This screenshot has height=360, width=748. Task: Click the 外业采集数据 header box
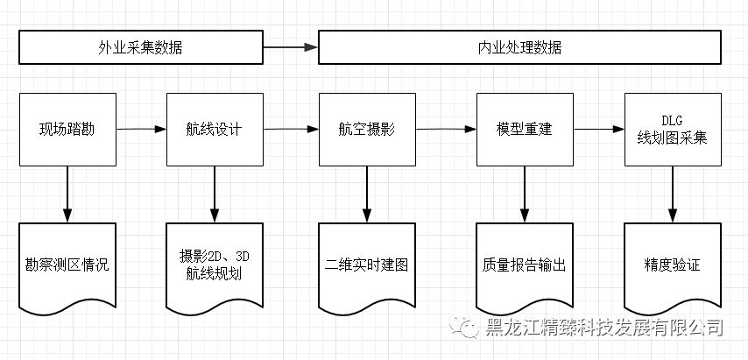(140, 47)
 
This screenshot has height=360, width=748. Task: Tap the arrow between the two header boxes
(290, 47)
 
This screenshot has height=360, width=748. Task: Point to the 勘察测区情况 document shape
(67, 265)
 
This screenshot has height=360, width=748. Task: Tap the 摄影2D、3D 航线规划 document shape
(215, 265)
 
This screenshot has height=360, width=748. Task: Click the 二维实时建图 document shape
(367, 265)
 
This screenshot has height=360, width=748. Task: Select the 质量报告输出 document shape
(524, 265)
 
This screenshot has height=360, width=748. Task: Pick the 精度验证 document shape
(672, 265)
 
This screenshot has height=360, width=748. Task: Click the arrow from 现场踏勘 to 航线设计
(141, 130)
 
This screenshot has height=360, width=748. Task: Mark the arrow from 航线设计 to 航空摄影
(290, 130)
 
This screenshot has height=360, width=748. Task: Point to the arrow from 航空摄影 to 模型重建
(446, 130)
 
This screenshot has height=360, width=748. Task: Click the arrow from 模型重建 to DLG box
(598, 130)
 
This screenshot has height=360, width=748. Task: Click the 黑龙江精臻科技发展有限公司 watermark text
(604, 328)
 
